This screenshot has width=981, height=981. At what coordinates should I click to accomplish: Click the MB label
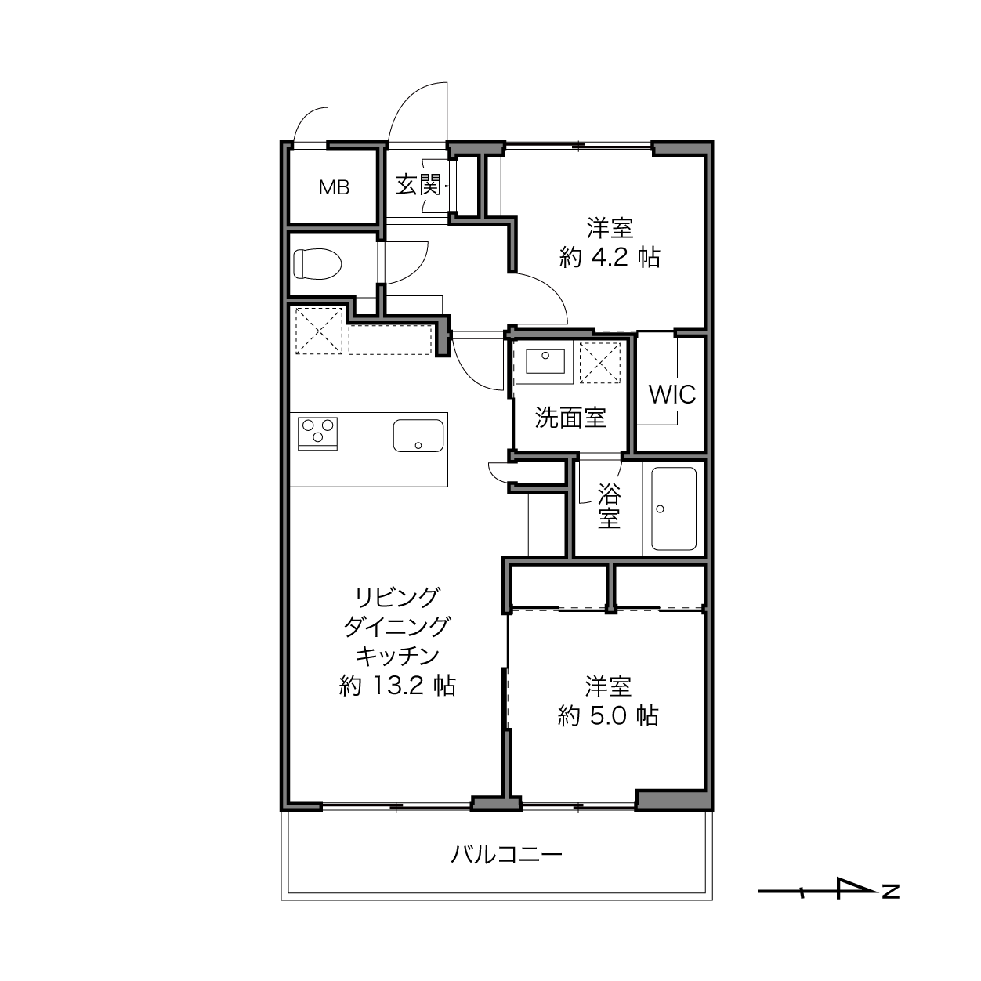(x=334, y=188)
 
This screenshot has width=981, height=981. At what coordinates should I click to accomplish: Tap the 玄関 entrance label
(x=418, y=185)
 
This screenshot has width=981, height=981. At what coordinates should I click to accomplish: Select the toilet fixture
(x=317, y=264)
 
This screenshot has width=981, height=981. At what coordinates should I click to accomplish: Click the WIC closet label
(x=672, y=394)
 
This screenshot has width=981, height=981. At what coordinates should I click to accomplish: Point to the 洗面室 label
(x=570, y=418)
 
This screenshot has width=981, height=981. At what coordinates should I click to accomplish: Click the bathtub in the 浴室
(x=674, y=509)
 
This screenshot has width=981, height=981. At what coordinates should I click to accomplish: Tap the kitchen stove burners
(x=317, y=431)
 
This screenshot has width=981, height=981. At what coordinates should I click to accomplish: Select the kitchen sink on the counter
(x=418, y=436)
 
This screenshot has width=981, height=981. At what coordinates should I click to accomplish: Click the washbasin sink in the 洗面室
(x=545, y=361)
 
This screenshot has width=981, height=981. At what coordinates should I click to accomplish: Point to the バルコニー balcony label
(x=506, y=854)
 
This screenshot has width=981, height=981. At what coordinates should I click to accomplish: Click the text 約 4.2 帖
(x=610, y=258)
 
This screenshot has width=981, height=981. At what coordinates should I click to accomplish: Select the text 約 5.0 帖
(x=608, y=715)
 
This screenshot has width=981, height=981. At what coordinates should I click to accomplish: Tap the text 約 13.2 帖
(x=397, y=686)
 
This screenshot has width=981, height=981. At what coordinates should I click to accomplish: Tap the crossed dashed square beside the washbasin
(x=600, y=362)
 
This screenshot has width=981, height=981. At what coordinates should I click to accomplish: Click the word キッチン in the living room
(x=397, y=656)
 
